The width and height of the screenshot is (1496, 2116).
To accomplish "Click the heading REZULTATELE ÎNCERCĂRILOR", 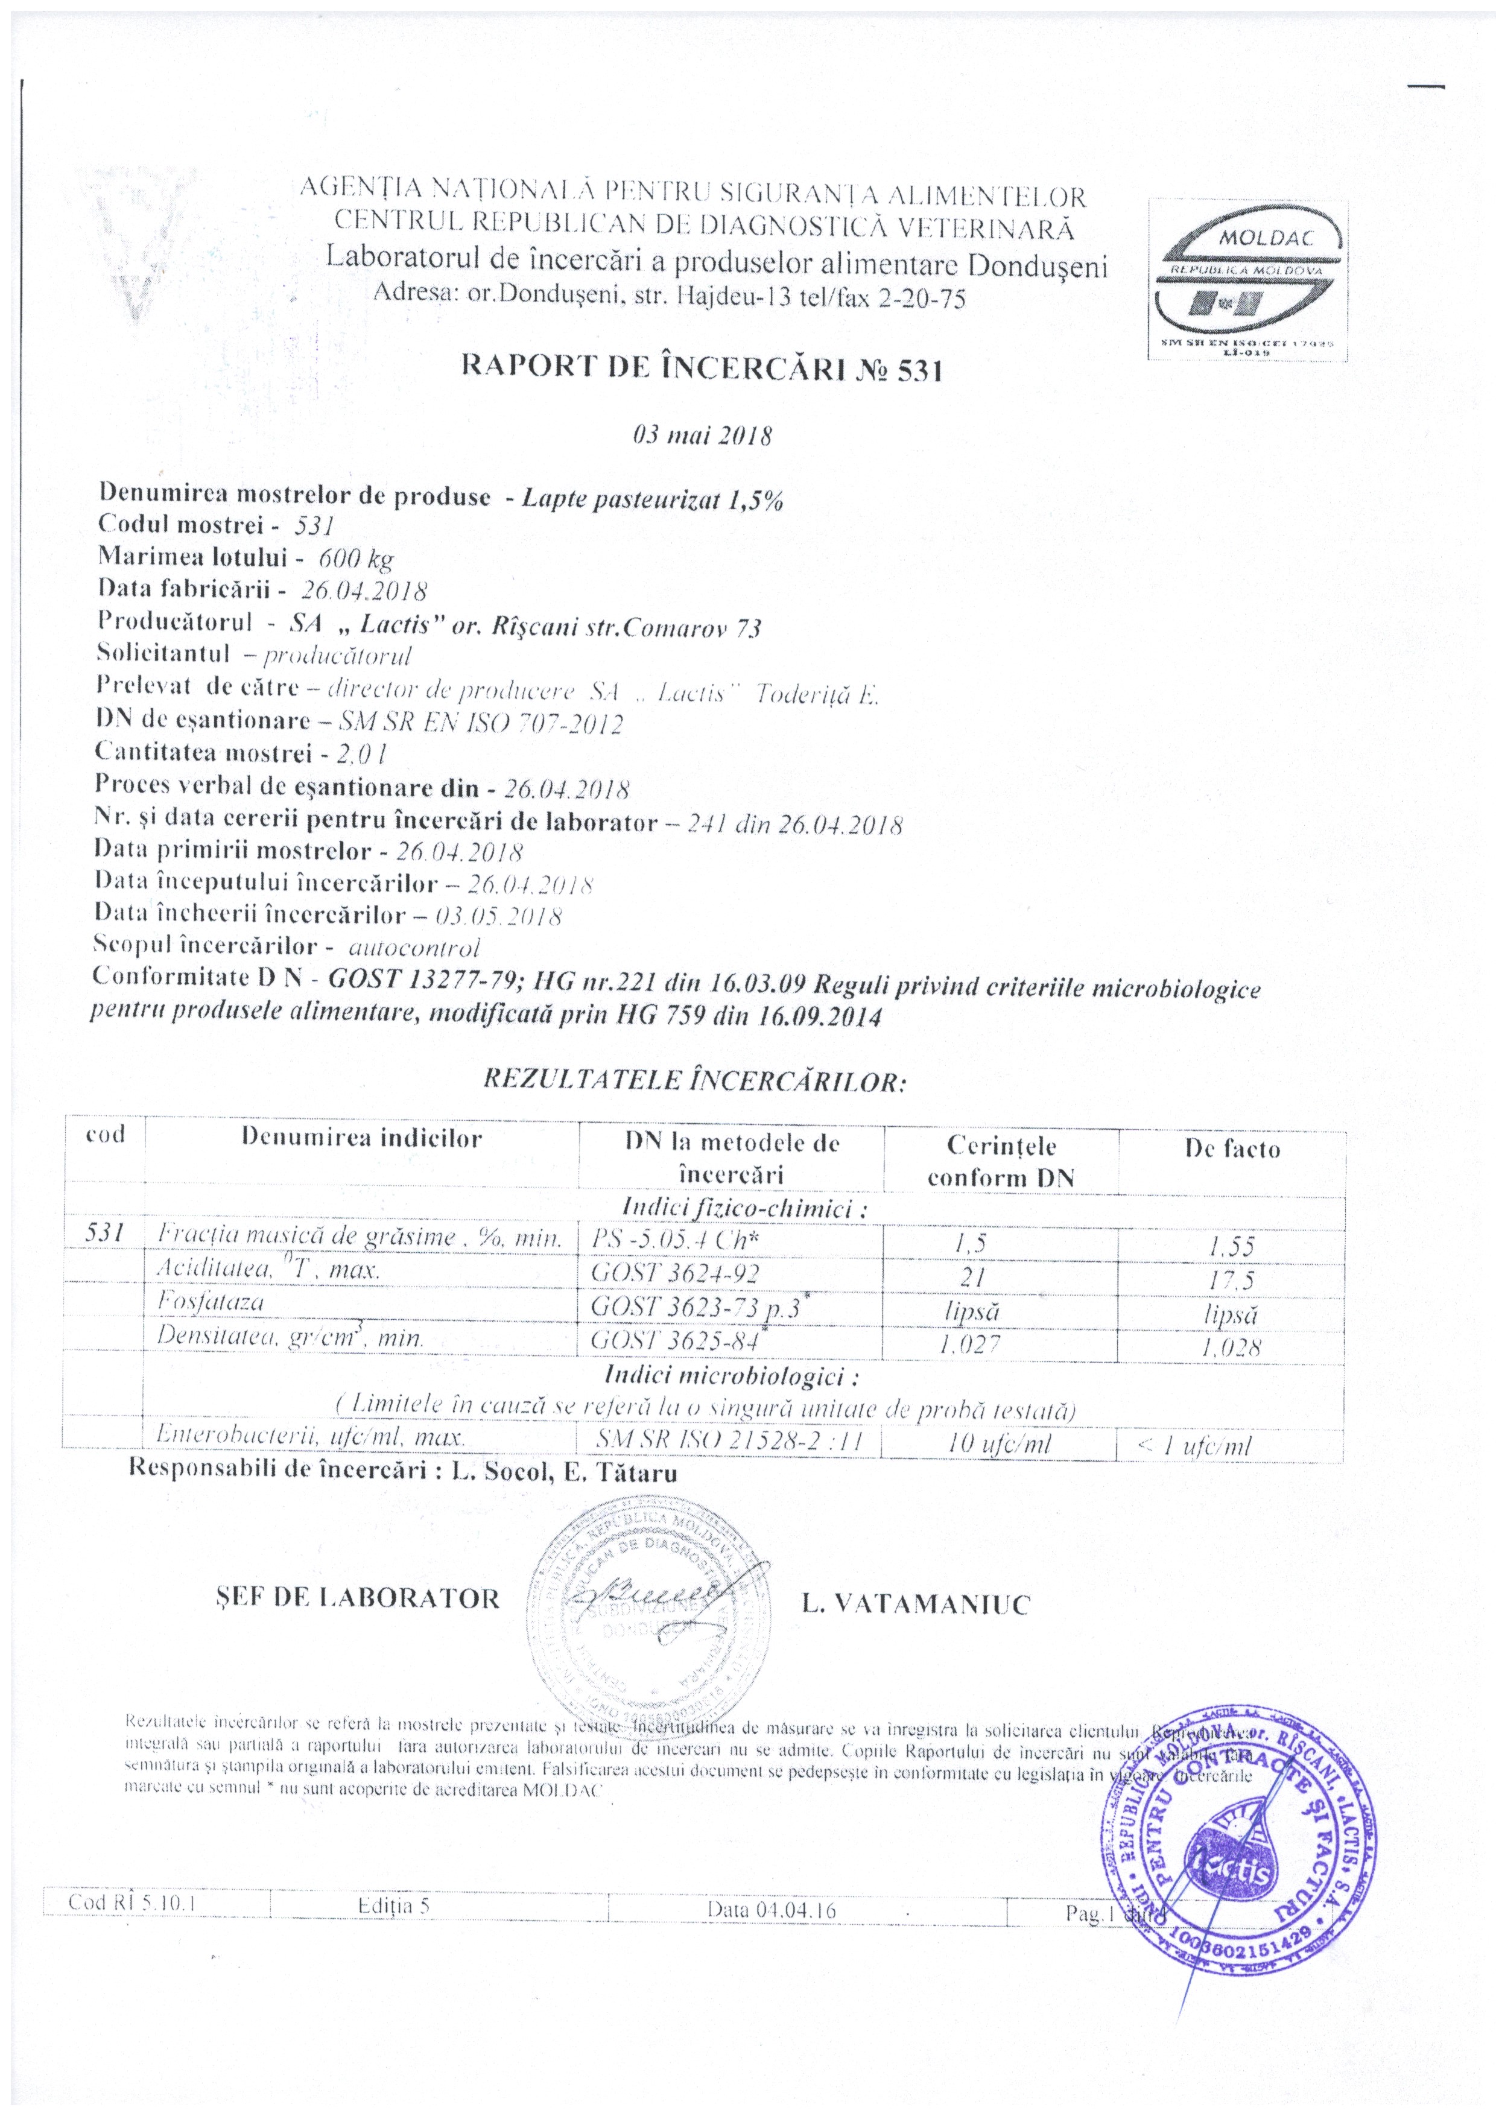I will [x=695, y=1081].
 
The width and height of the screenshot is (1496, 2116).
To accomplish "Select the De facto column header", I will [x=1232, y=1149].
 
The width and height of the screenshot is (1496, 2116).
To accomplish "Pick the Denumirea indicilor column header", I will [x=361, y=1138].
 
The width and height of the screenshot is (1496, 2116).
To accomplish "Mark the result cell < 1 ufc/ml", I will [x=1194, y=1446].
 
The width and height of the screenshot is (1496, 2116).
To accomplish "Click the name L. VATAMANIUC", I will [x=915, y=1604].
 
